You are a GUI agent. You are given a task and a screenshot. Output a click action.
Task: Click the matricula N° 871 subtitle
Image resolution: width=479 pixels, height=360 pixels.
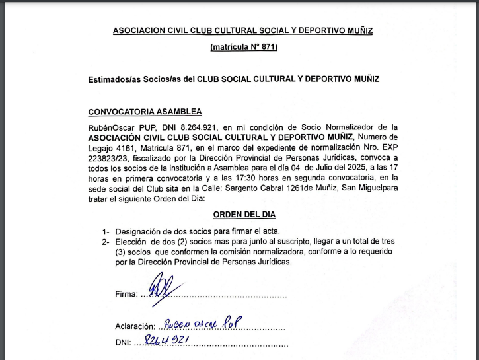point(244,47)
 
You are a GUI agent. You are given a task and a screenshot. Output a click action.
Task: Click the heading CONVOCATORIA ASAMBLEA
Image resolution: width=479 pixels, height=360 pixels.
point(145,112)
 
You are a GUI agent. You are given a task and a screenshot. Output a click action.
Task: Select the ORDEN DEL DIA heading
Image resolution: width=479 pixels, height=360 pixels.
point(244,215)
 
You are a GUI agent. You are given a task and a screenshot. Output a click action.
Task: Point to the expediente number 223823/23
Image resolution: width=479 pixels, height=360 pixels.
point(108,158)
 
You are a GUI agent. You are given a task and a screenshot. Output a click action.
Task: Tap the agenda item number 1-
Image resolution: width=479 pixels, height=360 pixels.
point(105,232)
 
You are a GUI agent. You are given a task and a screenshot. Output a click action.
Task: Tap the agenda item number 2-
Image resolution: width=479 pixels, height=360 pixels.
point(105,242)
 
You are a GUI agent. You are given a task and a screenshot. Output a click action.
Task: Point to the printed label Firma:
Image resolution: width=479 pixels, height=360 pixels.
point(126,295)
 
